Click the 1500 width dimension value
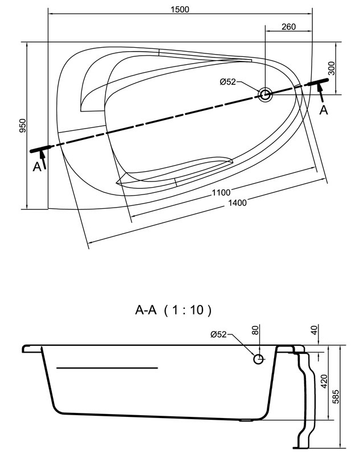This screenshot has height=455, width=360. pyautogui.click(x=180, y=9)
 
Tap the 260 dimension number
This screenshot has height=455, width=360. pyautogui.click(x=289, y=27)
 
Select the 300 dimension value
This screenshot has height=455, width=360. pyautogui.click(x=332, y=68)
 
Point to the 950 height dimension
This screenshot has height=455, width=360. pyautogui.click(x=23, y=125)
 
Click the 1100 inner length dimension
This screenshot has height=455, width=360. pyautogui.click(x=221, y=192)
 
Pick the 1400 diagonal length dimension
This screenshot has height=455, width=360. pyautogui.click(x=237, y=202)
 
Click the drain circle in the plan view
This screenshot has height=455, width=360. pyautogui.click(x=265, y=94)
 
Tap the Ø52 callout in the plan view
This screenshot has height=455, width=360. pyautogui.click(x=227, y=82)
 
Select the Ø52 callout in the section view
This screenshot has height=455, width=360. pyautogui.click(x=218, y=334)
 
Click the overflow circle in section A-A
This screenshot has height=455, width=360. pyautogui.click(x=258, y=359)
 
